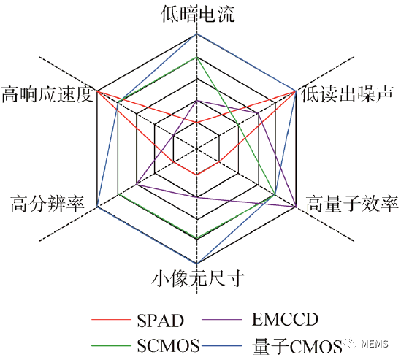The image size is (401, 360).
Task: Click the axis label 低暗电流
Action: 198,14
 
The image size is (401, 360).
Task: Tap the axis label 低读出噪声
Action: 347,94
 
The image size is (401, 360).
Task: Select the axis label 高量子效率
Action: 352,204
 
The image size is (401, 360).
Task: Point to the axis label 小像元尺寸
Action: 197,278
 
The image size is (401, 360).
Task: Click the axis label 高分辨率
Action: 47,204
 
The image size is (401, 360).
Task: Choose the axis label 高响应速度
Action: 47,94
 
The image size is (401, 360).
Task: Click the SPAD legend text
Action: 161,321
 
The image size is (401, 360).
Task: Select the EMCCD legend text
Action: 285,319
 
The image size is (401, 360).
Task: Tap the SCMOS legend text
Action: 168,345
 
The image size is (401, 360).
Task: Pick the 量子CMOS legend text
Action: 297,346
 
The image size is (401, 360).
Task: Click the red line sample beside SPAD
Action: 111,320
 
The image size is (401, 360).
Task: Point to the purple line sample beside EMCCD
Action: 222,320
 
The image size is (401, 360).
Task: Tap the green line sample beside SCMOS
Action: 111,346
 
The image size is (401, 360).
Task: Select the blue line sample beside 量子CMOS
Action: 222,346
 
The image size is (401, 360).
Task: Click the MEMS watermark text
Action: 375,344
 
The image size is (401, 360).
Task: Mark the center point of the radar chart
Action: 196,148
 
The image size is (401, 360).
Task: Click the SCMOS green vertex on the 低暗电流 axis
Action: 196,57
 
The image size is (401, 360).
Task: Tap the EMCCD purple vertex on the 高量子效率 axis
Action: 296,206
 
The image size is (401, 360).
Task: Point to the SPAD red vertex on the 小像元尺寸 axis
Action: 196,175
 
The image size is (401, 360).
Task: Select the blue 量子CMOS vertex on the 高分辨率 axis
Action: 97,206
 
